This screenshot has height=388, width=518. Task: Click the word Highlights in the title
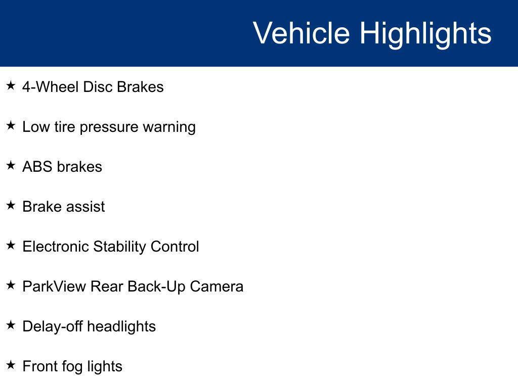click(x=425, y=33)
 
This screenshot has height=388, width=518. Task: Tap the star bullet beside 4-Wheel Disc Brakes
click(x=11, y=86)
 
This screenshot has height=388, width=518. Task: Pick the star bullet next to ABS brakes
click(x=11, y=165)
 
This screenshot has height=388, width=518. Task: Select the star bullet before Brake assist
click(x=11, y=205)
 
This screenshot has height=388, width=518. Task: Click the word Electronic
click(x=56, y=247)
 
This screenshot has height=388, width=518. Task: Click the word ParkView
click(x=55, y=286)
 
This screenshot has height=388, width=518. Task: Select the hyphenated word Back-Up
click(x=156, y=287)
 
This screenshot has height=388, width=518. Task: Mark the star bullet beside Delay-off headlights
click(x=11, y=325)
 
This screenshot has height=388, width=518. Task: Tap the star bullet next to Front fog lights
click(x=11, y=365)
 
